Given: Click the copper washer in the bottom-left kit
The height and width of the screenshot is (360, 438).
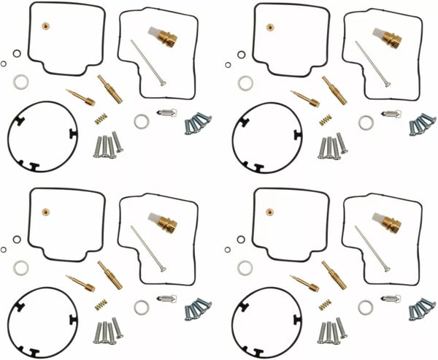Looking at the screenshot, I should (x=45, y=212).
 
